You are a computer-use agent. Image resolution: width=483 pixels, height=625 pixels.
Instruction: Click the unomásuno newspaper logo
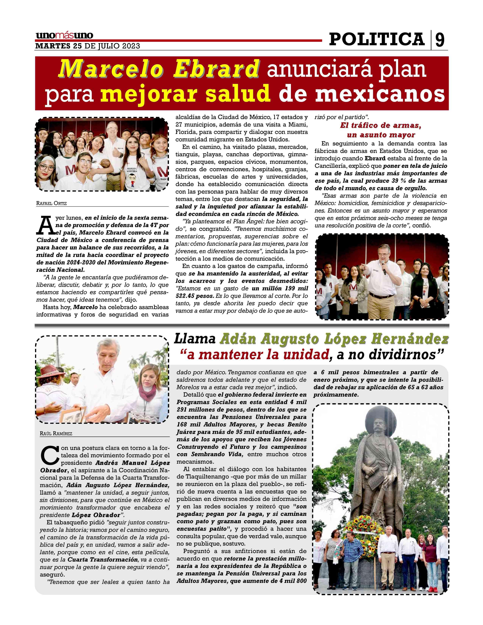(x=64, y=35)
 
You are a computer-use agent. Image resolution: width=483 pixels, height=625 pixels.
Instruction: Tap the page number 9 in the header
(x=440, y=40)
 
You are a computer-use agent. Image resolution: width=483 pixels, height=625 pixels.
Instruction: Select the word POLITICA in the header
(x=377, y=39)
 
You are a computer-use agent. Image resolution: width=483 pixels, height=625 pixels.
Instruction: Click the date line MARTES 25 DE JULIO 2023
(x=88, y=46)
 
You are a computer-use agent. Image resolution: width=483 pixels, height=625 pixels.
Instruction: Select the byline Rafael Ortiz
(x=52, y=203)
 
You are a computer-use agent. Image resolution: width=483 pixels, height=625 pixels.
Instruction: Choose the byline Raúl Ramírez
(x=56, y=434)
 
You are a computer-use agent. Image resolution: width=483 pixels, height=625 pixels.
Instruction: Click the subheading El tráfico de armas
(x=381, y=126)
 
